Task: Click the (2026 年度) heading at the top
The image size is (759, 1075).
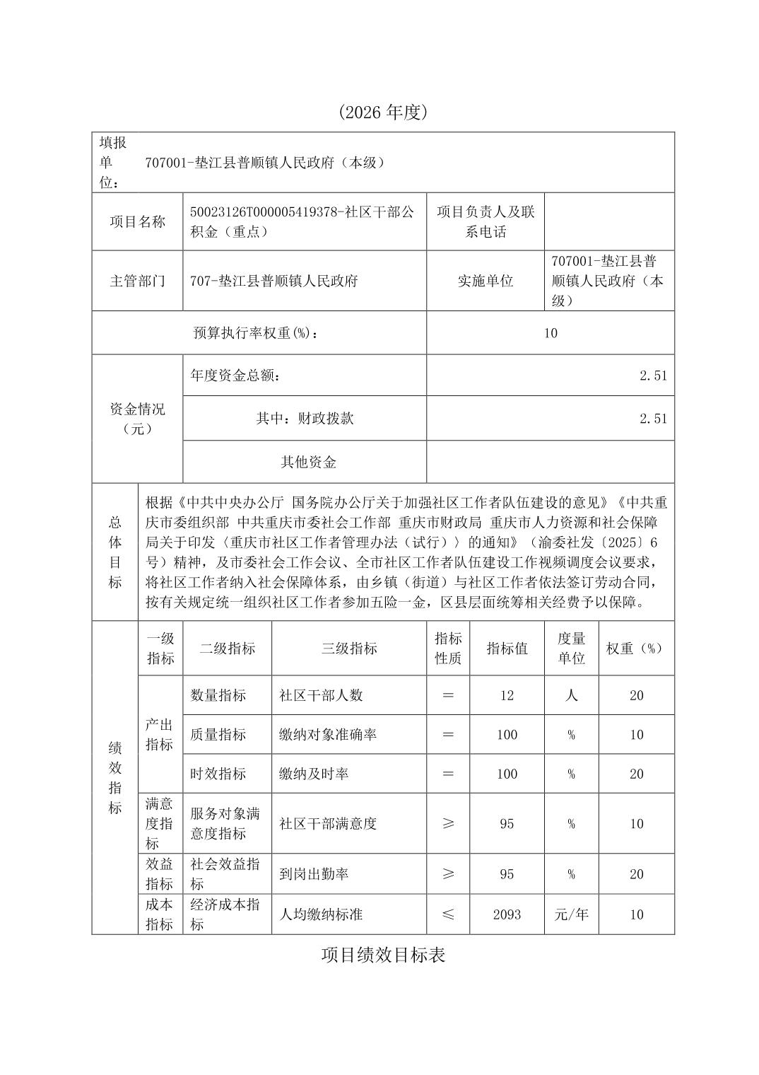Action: click(383, 112)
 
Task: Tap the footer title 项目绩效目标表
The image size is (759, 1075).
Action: click(383, 955)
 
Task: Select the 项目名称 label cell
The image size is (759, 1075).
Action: click(137, 221)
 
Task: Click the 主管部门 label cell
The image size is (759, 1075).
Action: click(137, 281)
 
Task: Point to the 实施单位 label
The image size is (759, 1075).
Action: click(486, 281)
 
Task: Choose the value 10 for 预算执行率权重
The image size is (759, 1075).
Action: click(551, 333)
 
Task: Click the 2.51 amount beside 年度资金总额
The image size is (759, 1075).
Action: click(653, 376)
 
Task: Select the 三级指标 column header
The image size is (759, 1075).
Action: click(349, 649)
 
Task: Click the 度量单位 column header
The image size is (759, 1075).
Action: click(571, 649)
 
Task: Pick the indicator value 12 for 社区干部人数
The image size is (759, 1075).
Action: click(507, 695)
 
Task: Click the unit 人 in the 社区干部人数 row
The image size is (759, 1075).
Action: click(571, 695)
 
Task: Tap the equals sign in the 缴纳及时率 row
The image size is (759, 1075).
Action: click(447, 774)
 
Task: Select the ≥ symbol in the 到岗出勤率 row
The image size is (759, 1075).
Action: click(447, 874)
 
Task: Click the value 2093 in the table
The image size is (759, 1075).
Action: click(507, 914)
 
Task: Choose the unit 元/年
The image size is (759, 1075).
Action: click(571, 914)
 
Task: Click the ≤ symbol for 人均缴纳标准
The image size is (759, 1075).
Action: click(447, 914)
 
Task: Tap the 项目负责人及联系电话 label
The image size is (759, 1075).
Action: click(486, 221)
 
